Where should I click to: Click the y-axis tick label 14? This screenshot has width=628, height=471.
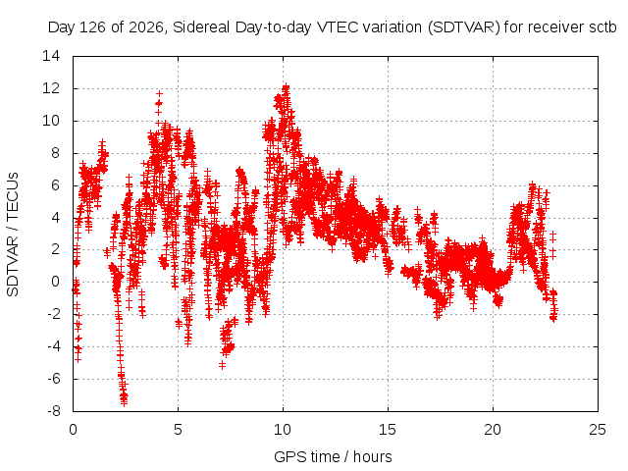[x=51, y=56]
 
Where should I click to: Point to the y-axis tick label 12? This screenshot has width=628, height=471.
[x=51, y=88]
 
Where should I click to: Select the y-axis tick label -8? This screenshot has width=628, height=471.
[x=54, y=411]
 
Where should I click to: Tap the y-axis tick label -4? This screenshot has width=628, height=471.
[x=54, y=346]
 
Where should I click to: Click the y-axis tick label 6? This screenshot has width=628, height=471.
[x=55, y=185]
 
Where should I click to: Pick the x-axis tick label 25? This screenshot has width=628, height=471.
[x=598, y=430]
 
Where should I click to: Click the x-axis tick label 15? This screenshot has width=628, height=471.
[x=388, y=430]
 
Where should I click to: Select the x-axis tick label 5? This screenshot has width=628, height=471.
[x=178, y=430]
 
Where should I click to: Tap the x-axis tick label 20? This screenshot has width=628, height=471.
[x=493, y=430]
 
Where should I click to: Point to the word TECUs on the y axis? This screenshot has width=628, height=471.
[x=13, y=196]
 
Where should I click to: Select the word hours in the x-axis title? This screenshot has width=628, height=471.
[x=373, y=456]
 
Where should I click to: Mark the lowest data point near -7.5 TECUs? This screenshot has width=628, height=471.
[x=125, y=402]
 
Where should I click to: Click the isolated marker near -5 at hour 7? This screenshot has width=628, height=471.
[x=223, y=365]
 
